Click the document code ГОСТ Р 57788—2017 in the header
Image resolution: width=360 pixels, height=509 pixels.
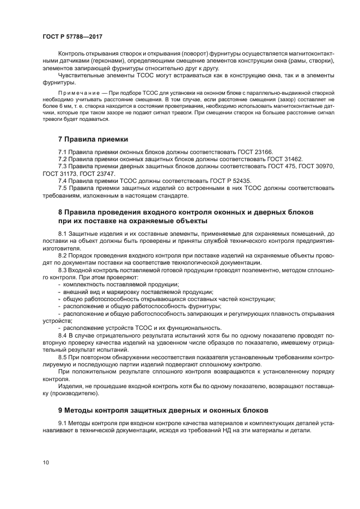pos(72,36)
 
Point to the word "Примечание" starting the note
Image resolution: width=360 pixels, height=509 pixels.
pos(77,94)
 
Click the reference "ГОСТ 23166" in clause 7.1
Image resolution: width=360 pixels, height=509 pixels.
pos(254,152)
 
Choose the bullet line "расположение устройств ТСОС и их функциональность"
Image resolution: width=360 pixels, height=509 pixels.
pos(142,328)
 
